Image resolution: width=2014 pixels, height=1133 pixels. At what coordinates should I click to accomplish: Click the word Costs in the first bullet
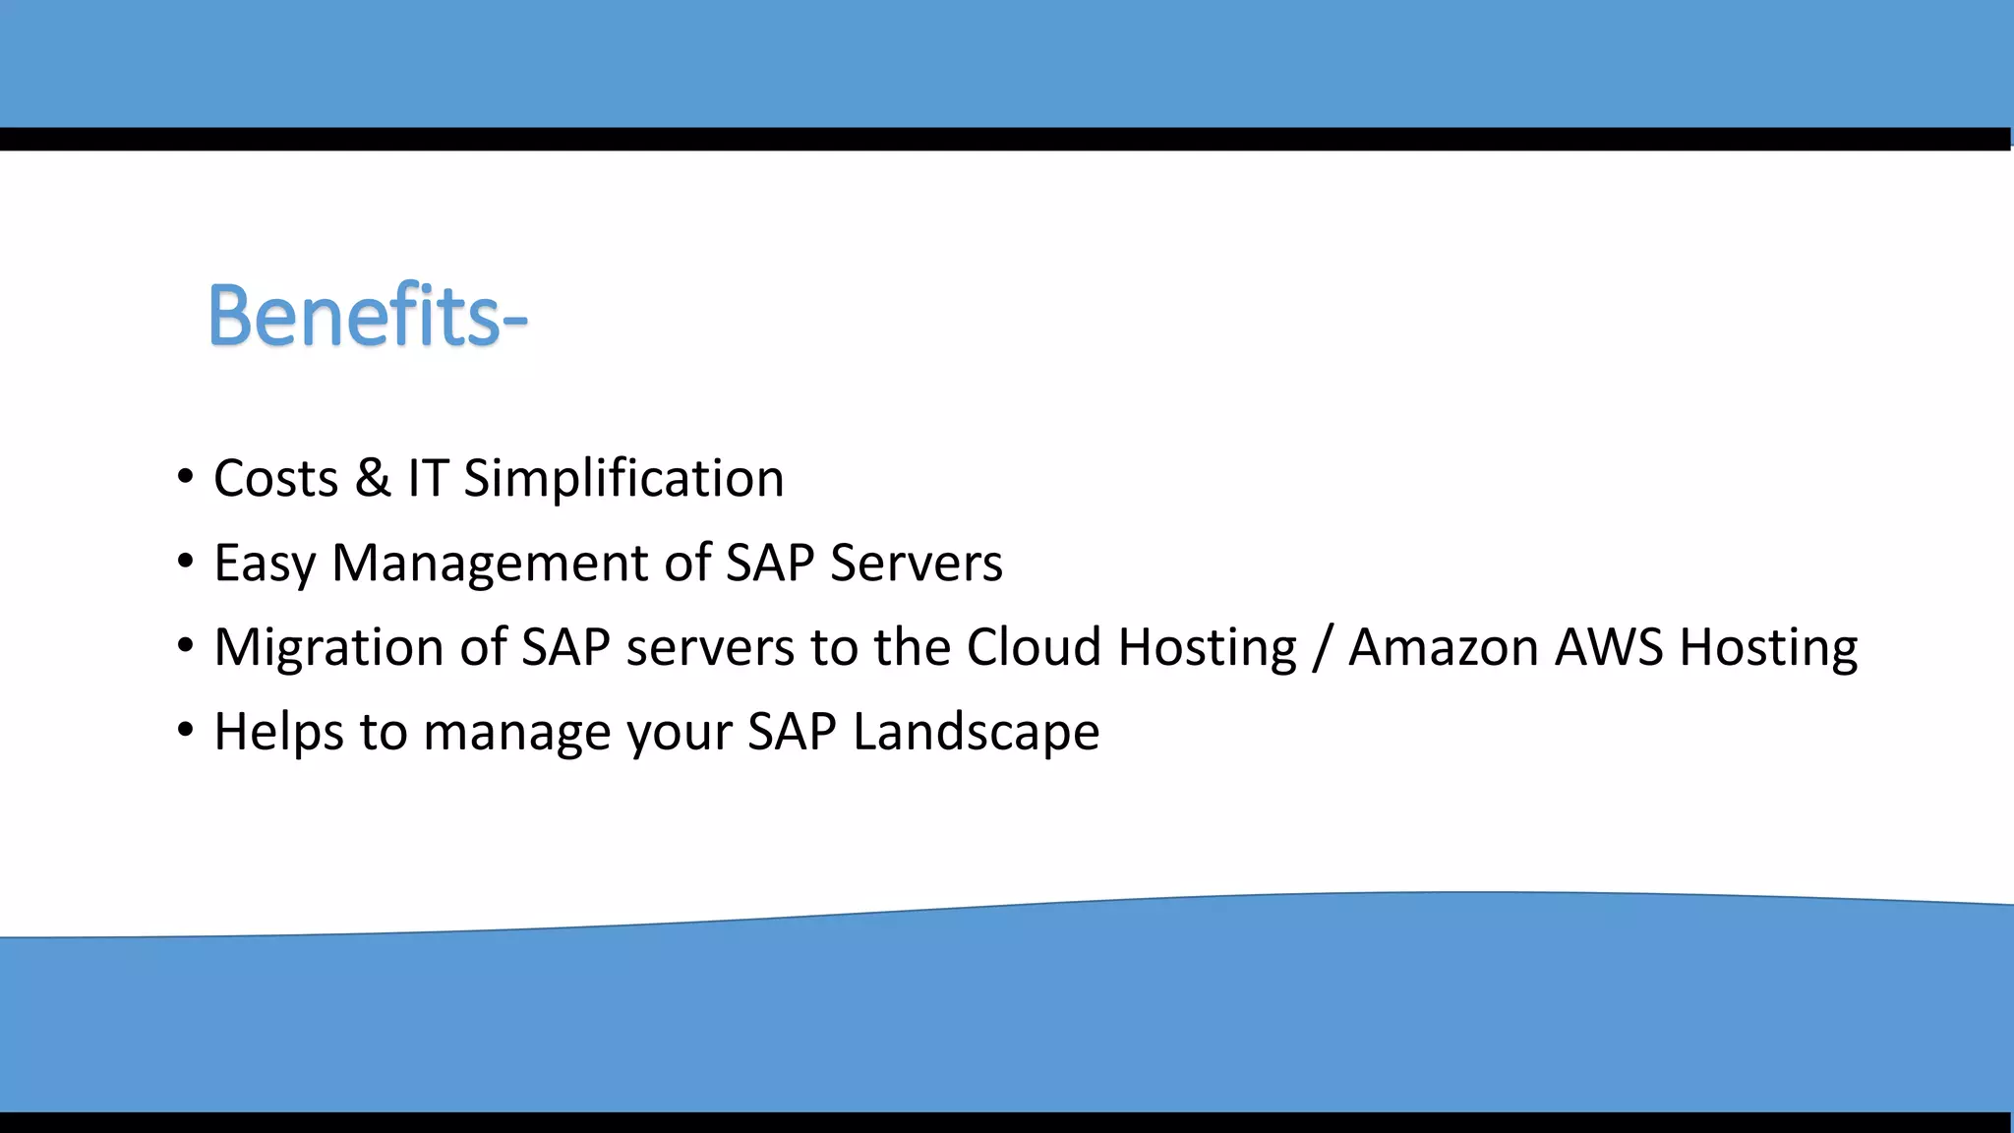[275, 480]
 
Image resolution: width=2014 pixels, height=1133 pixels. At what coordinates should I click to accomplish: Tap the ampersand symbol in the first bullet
[373, 479]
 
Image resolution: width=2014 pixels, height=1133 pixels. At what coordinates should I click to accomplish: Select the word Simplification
[623, 480]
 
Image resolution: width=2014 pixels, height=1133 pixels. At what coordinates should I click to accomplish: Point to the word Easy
[265, 565]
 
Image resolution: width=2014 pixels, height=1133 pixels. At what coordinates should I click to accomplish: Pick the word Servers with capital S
[916, 565]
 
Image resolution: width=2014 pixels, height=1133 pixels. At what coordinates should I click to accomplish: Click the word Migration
[360, 649]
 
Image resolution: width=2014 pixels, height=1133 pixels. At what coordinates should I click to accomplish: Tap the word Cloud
[1034, 649]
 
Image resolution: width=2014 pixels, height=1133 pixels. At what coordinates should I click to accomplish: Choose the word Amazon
[1443, 649]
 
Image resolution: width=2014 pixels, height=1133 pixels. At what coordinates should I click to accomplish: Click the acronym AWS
[1609, 649]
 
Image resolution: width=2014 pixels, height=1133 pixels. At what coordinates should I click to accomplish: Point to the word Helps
[278, 734]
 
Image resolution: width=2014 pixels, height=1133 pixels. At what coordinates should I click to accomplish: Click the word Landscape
[976, 734]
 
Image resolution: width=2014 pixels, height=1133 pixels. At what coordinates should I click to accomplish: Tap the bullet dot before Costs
[186, 478]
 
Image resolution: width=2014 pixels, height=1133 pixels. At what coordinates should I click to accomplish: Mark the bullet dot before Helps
[186, 732]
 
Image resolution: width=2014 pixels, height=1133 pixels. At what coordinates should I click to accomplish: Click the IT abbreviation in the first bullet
[428, 480]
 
